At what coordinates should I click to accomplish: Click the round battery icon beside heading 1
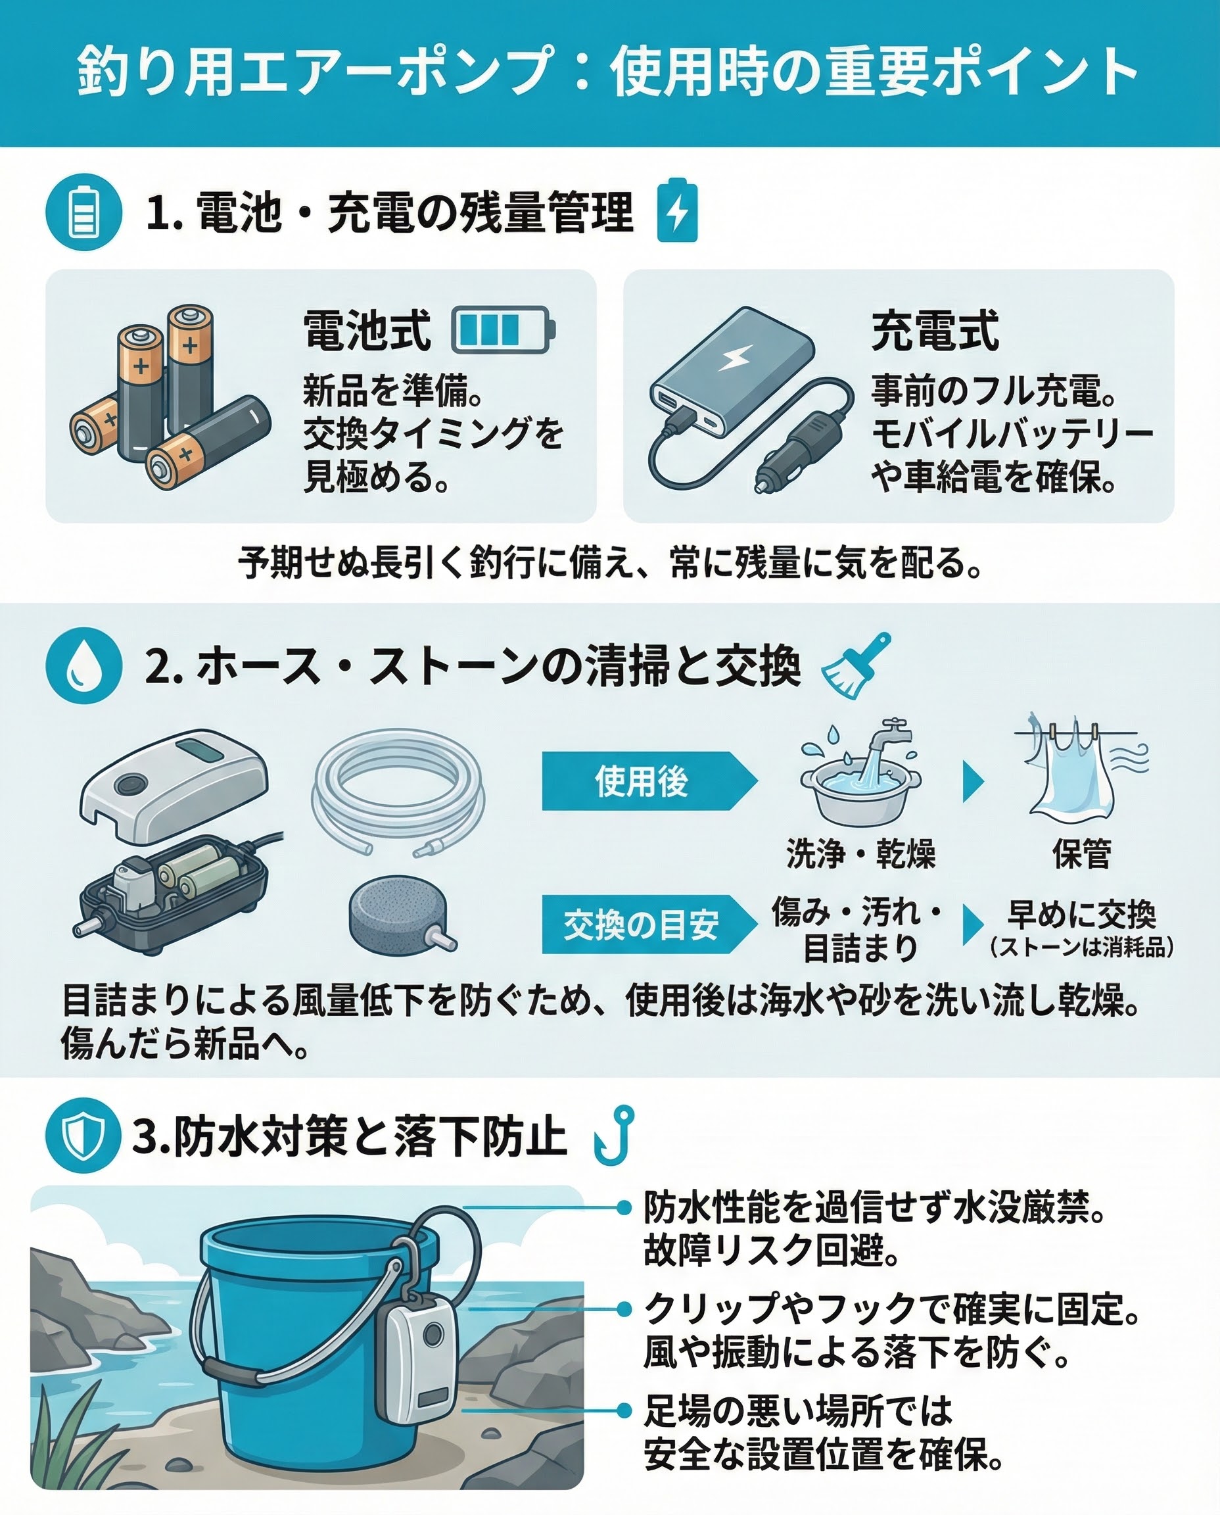tap(83, 212)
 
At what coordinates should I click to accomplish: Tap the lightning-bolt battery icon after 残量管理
tap(678, 210)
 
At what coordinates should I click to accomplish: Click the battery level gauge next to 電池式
tap(503, 329)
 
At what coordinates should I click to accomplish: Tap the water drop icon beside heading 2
tap(83, 664)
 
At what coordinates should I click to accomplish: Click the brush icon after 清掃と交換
tap(856, 664)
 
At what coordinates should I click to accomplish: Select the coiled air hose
tap(398, 791)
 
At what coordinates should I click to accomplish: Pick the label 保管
tap(1081, 854)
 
